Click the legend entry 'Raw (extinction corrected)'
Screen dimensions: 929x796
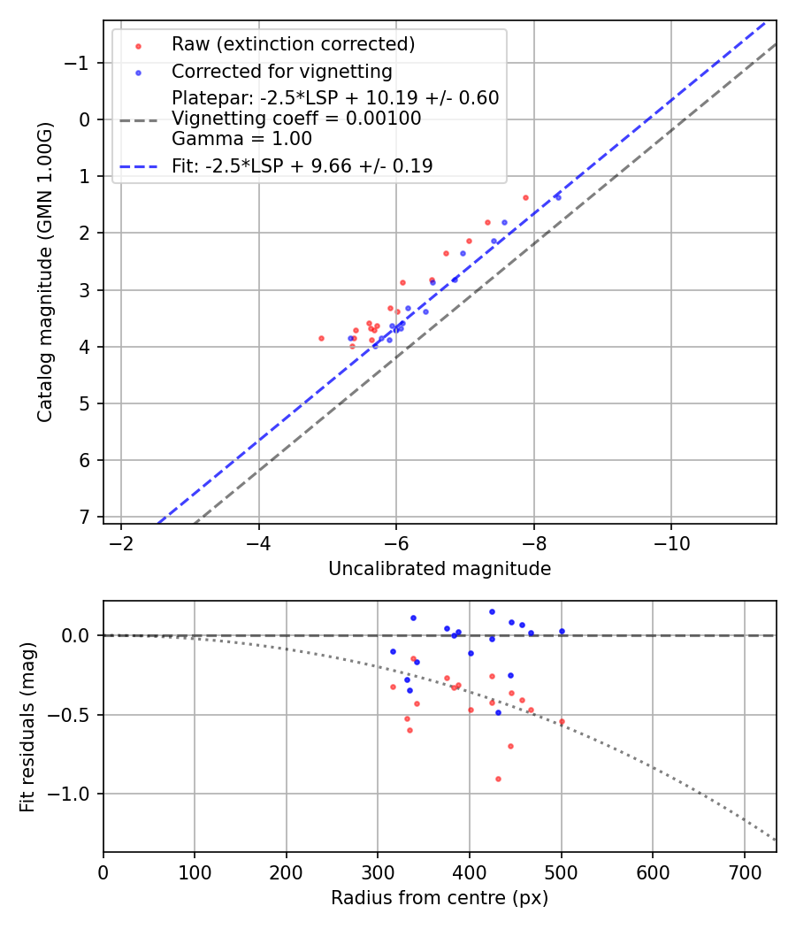[293, 44]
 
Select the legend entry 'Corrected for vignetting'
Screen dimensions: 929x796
[281, 71]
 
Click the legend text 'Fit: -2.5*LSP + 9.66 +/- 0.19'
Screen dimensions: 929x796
[302, 165]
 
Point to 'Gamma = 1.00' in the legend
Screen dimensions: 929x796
[241, 138]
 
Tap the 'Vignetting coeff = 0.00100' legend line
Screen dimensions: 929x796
[296, 119]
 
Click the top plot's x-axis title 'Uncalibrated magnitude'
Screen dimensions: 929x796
[440, 569]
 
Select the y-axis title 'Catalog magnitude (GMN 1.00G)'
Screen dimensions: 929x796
[46, 272]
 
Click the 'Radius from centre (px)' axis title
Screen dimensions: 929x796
[440, 898]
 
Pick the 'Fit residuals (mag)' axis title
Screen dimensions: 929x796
[27, 726]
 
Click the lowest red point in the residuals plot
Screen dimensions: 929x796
[498, 779]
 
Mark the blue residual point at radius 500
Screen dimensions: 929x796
[562, 631]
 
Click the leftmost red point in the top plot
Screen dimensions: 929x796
[321, 338]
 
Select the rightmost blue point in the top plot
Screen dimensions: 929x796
[557, 197]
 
